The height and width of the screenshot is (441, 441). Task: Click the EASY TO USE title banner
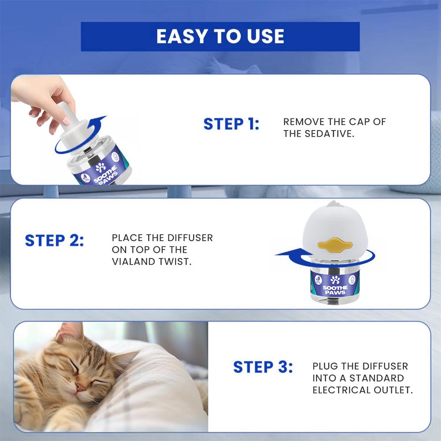point(220,37)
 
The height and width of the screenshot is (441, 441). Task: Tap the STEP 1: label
point(231,124)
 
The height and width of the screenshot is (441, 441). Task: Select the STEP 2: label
point(54,241)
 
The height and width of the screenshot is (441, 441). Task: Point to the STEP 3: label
point(263,366)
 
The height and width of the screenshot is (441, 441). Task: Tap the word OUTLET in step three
point(393,390)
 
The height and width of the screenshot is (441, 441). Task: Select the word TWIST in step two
point(178,262)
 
